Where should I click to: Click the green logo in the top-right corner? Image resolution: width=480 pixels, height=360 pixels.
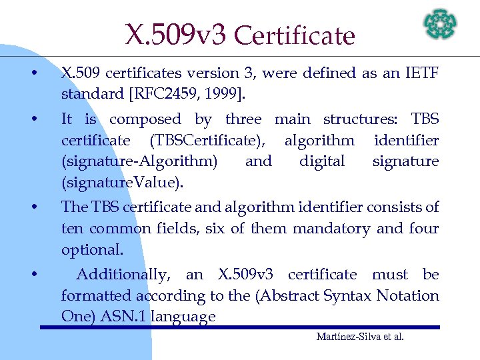point(441,23)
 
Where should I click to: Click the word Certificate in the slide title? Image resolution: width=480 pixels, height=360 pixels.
point(295,35)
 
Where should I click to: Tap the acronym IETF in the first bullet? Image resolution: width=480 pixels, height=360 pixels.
point(421,73)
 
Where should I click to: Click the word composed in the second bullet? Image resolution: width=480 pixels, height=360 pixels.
point(145,119)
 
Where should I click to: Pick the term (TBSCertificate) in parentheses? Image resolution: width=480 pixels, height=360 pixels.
point(208,140)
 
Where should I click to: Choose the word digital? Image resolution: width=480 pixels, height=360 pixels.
point(322,161)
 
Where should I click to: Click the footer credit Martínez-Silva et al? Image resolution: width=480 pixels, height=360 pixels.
point(359,337)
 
